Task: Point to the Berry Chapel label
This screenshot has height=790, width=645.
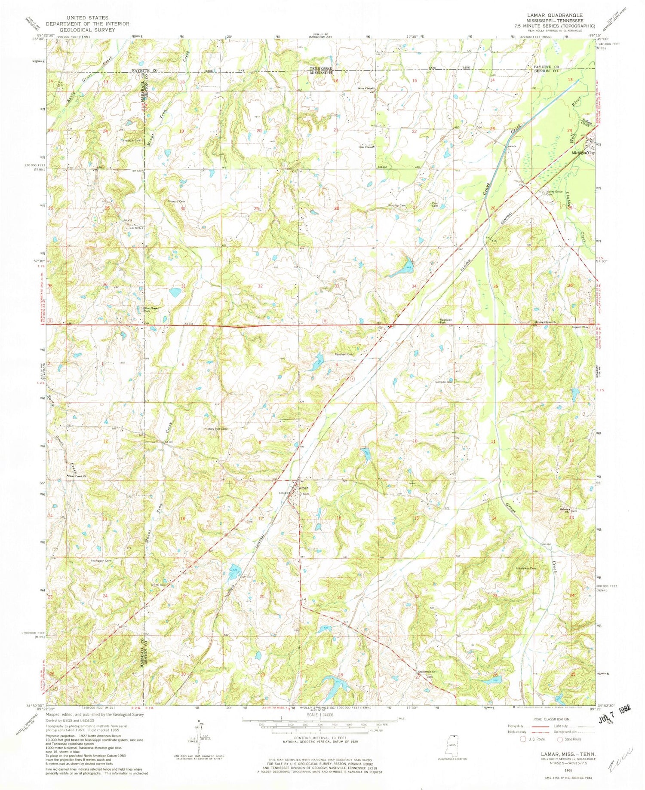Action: point(365,88)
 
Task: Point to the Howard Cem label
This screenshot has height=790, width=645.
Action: point(176,201)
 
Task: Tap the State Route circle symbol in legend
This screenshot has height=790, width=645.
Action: point(560,739)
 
